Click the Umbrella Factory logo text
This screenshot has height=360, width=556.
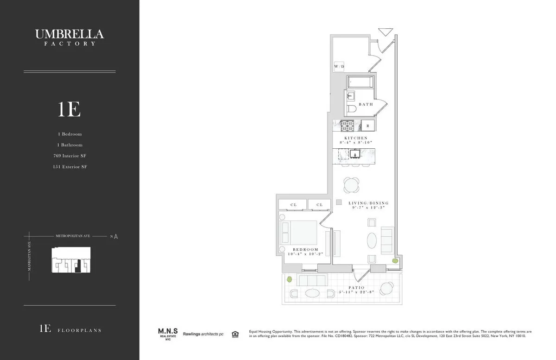69,37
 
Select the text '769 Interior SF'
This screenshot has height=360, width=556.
69,156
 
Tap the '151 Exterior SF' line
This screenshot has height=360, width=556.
69,166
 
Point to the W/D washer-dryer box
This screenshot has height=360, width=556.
339,67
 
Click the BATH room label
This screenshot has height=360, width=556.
365,104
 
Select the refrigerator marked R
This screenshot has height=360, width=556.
368,126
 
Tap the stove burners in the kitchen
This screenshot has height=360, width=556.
347,125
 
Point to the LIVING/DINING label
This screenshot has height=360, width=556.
368,203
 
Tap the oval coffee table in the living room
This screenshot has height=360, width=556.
372,240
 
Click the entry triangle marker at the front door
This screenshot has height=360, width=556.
385,32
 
